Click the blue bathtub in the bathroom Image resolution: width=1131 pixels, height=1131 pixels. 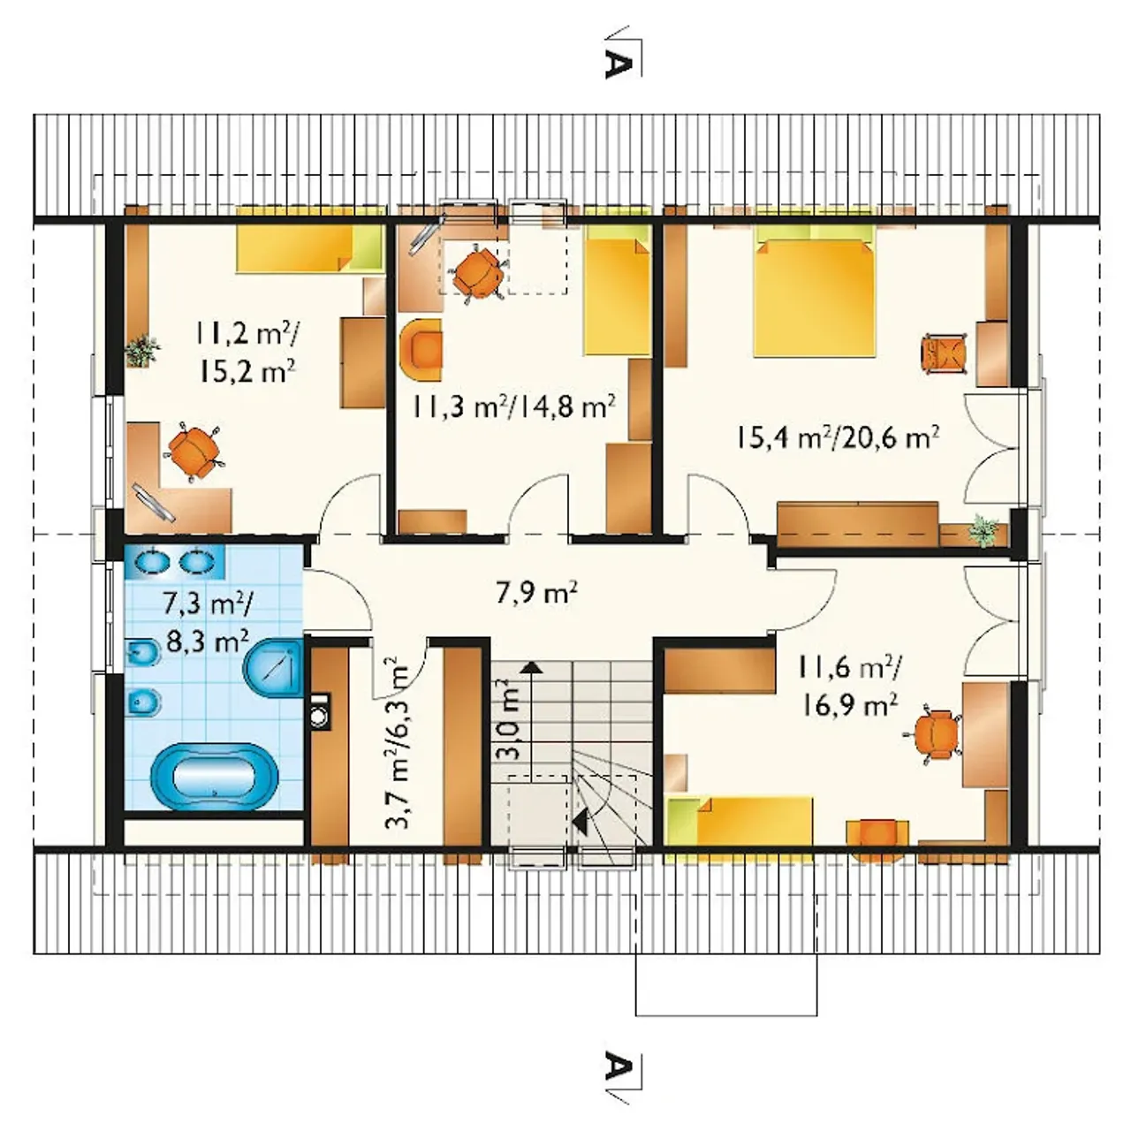point(214,777)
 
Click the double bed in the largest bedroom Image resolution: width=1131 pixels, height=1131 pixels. point(816,297)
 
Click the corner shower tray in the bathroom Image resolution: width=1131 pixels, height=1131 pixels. point(274,667)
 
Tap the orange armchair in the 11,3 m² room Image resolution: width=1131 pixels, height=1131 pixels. point(421,351)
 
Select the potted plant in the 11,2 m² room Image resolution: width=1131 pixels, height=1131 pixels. point(142,350)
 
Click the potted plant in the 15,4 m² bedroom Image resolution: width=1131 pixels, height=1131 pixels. point(983,529)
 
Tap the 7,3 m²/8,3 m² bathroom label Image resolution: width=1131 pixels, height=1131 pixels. point(207,621)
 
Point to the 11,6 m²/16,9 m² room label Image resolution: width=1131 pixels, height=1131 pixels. point(848,687)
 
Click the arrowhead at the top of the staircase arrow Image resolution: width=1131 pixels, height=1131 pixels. point(532,666)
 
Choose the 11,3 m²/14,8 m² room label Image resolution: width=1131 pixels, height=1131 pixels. point(513,406)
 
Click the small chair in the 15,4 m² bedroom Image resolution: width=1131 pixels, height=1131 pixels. point(945,354)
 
